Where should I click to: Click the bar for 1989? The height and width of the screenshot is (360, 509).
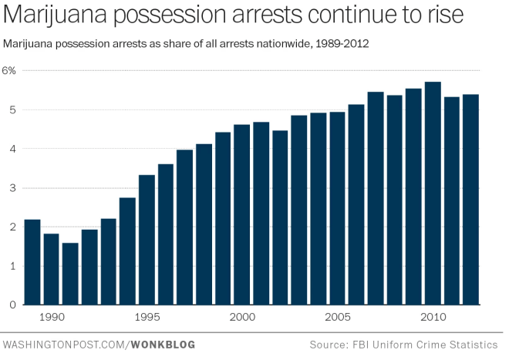32,262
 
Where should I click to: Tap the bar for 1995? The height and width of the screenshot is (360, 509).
147,240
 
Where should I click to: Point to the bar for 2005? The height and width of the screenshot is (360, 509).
337,208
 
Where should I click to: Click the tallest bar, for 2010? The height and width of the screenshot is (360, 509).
433,193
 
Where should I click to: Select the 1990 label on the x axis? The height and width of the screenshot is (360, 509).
51,318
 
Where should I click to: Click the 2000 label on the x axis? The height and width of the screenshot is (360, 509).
242,318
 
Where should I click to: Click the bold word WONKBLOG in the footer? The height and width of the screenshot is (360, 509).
162,344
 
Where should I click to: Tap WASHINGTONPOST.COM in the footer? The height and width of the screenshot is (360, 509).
64,344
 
